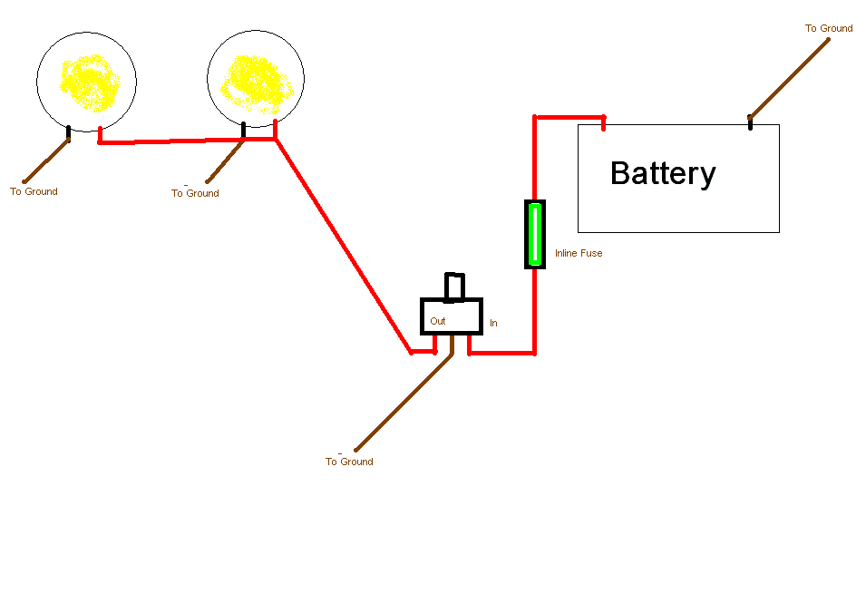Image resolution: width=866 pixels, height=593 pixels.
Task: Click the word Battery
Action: click(x=663, y=173)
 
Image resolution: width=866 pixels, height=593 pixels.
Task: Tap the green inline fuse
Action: click(x=535, y=234)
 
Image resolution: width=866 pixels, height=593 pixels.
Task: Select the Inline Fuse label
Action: click(x=579, y=253)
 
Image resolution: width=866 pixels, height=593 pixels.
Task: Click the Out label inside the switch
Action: click(x=437, y=321)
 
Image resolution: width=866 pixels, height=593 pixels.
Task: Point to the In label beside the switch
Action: click(x=493, y=323)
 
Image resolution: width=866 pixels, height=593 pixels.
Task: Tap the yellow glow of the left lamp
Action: click(x=90, y=83)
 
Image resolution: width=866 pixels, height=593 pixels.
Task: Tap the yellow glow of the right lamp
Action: click(x=257, y=84)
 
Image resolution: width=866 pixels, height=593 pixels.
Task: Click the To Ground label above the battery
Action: click(x=829, y=28)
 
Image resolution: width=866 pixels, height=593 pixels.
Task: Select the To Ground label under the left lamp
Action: click(x=34, y=191)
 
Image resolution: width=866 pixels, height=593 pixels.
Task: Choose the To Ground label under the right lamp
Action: click(x=195, y=193)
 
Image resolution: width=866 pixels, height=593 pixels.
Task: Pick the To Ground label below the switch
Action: click(x=349, y=462)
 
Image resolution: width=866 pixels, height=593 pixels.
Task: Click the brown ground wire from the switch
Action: click(x=404, y=403)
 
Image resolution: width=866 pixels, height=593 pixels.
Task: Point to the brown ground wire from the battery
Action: click(x=789, y=78)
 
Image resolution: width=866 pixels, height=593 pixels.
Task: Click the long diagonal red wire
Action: click(x=343, y=245)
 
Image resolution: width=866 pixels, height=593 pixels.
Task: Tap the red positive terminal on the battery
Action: click(x=604, y=123)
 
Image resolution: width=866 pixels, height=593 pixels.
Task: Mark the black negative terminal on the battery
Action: click(x=750, y=122)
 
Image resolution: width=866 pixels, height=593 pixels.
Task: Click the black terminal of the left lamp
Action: click(x=69, y=133)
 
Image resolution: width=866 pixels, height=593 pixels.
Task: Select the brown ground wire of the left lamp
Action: click(x=46, y=160)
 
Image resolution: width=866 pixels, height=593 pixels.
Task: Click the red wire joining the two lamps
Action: click(x=187, y=141)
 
